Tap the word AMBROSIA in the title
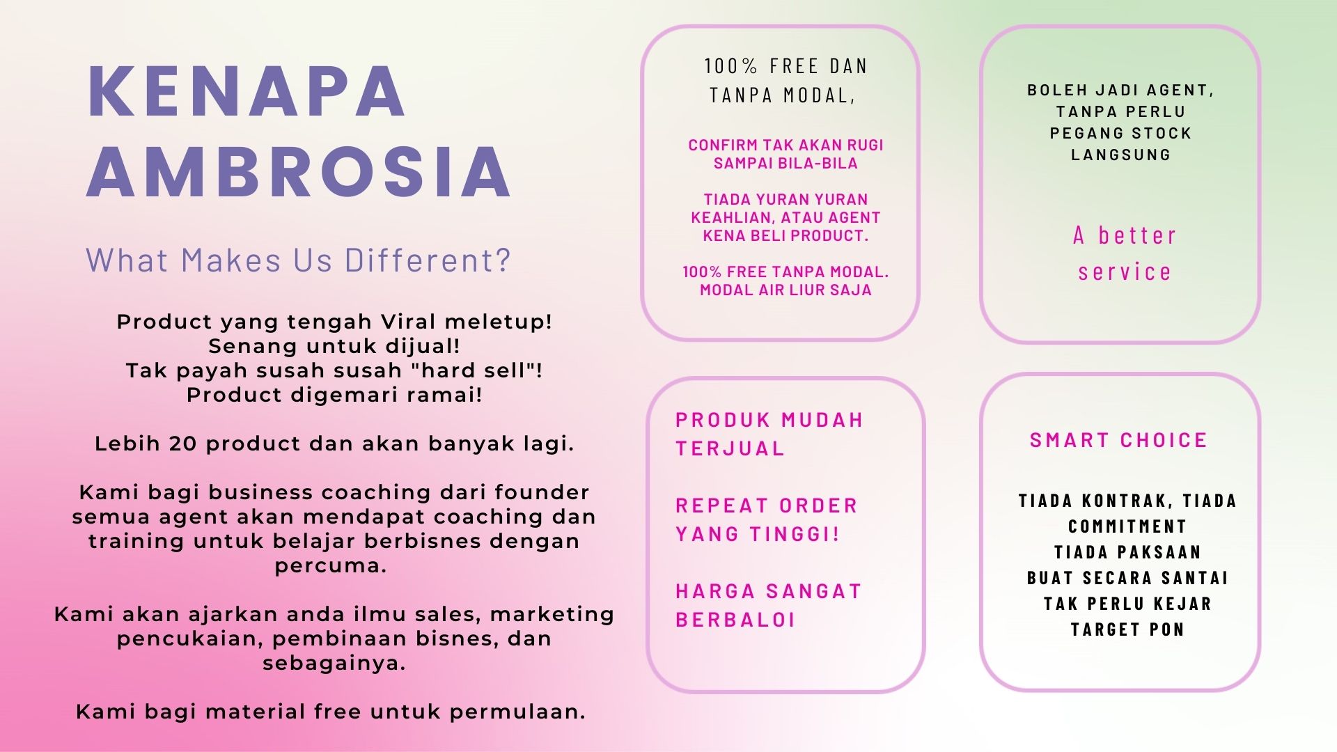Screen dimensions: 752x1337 [299, 172]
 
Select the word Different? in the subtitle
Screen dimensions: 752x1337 [428, 260]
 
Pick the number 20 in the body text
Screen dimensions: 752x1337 [184, 444]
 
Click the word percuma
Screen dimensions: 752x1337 [331, 565]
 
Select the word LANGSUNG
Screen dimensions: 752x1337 [1121, 155]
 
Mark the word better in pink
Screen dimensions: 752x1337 [1137, 235]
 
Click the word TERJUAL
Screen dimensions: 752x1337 [730, 448]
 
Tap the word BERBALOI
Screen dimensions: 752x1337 [735, 620]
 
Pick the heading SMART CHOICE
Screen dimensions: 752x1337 [1118, 440]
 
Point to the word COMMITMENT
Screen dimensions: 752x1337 [1127, 526]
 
